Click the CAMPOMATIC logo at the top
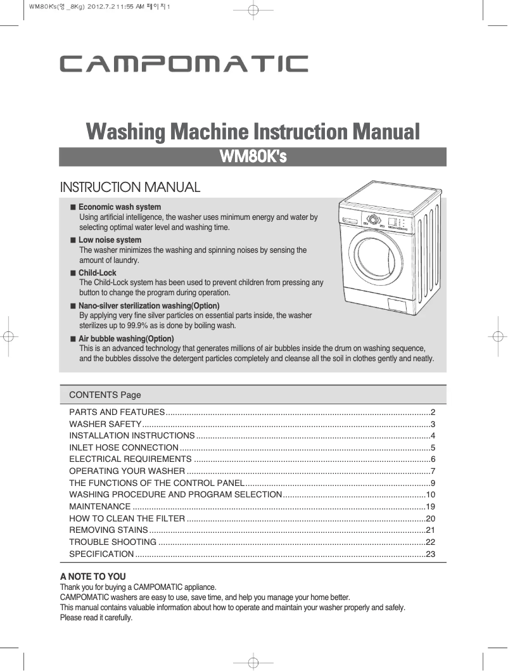point(184,65)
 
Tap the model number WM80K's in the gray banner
point(253,157)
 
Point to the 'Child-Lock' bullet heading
point(98,273)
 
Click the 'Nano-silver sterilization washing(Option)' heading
point(149,306)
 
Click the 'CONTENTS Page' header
point(105,395)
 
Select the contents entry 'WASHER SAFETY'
point(105,424)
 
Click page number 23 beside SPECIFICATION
point(431,554)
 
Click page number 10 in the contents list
point(431,495)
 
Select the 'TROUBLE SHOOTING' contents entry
point(113,542)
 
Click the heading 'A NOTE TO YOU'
point(92,577)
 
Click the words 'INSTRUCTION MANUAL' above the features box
point(130,188)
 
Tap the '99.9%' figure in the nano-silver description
point(134,326)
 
